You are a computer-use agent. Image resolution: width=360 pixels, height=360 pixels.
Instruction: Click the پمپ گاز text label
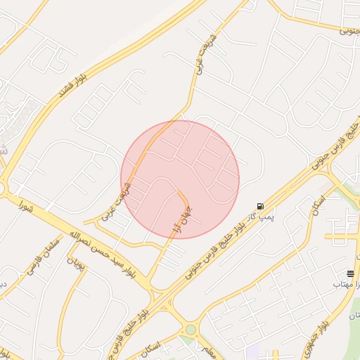[260, 217]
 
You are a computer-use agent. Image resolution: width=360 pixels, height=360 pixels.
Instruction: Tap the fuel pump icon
[261, 206]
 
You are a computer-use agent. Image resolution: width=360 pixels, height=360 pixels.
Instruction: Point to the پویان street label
[76, 265]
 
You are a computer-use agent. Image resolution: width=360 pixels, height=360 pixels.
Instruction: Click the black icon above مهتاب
[350, 273]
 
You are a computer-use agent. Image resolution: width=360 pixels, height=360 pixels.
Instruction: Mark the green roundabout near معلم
[191, 329]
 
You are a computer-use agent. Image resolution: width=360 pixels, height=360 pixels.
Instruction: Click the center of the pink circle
[180, 179]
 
